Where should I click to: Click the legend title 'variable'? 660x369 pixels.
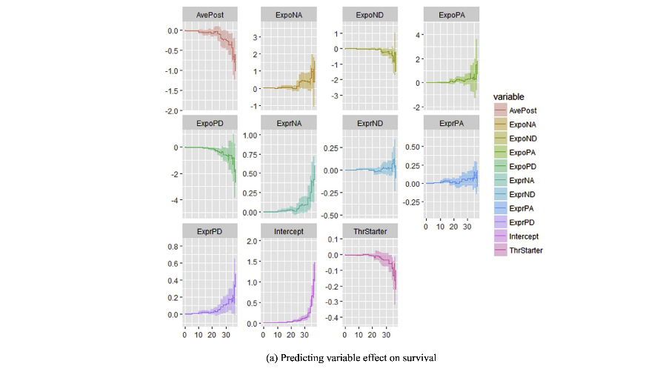click(510, 96)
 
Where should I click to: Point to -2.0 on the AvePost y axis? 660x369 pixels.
click(173, 110)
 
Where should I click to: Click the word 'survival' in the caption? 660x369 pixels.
click(419, 358)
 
